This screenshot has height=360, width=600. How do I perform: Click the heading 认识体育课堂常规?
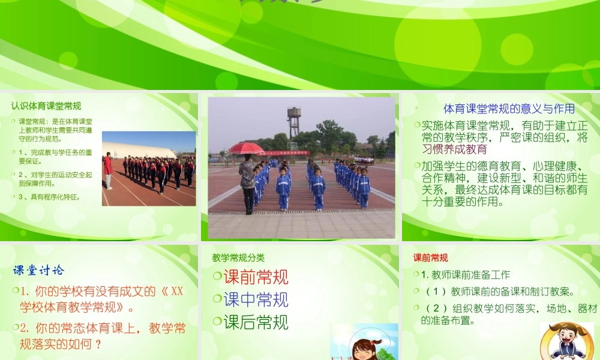click(x=46, y=106)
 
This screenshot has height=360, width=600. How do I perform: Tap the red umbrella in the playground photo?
click(x=246, y=148)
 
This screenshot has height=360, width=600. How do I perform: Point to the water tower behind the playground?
click(x=293, y=122)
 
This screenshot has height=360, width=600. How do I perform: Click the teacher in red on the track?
click(x=108, y=170)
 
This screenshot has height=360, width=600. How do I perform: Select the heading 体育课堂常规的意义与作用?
click(x=509, y=109)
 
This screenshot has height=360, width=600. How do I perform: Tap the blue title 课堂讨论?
click(x=39, y=270)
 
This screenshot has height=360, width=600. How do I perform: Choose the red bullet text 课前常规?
click(x=256, y=277)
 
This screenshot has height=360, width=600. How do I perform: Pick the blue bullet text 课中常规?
click(x=256, y=299)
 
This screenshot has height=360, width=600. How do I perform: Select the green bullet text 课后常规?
click(x=256, y=322)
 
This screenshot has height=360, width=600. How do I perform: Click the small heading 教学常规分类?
click(x=238, y=257)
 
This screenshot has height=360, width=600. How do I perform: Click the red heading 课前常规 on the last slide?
click(x=430, y=257)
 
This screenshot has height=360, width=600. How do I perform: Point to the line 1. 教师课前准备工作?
click(x=465, y=275)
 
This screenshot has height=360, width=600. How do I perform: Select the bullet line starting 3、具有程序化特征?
click(x=49, y=197)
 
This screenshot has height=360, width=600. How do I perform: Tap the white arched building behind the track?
click(x=139, y=151)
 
